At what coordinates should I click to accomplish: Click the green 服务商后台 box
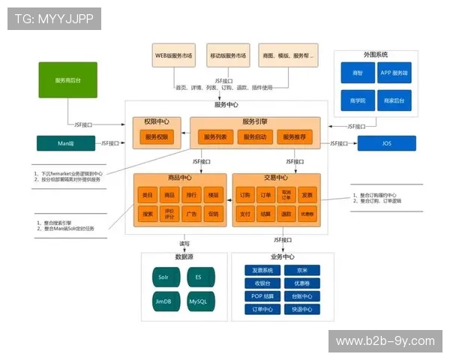pos(69,80)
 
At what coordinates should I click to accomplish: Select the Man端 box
pos(66,143)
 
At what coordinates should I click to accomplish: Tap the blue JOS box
pos(386,143)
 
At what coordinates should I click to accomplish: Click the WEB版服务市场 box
pos(174,56)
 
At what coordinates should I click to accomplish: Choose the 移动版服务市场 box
pos(226,56)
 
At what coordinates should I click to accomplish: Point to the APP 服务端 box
pos(394,73)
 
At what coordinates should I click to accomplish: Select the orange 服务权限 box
pos(158,137)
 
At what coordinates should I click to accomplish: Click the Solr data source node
pos(163,277)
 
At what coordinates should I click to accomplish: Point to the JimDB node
pos(163,301)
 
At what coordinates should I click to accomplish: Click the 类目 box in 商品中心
pos(148,195)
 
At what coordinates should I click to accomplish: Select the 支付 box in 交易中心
pos(245,214)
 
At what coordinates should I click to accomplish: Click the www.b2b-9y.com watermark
pos(385,341)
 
